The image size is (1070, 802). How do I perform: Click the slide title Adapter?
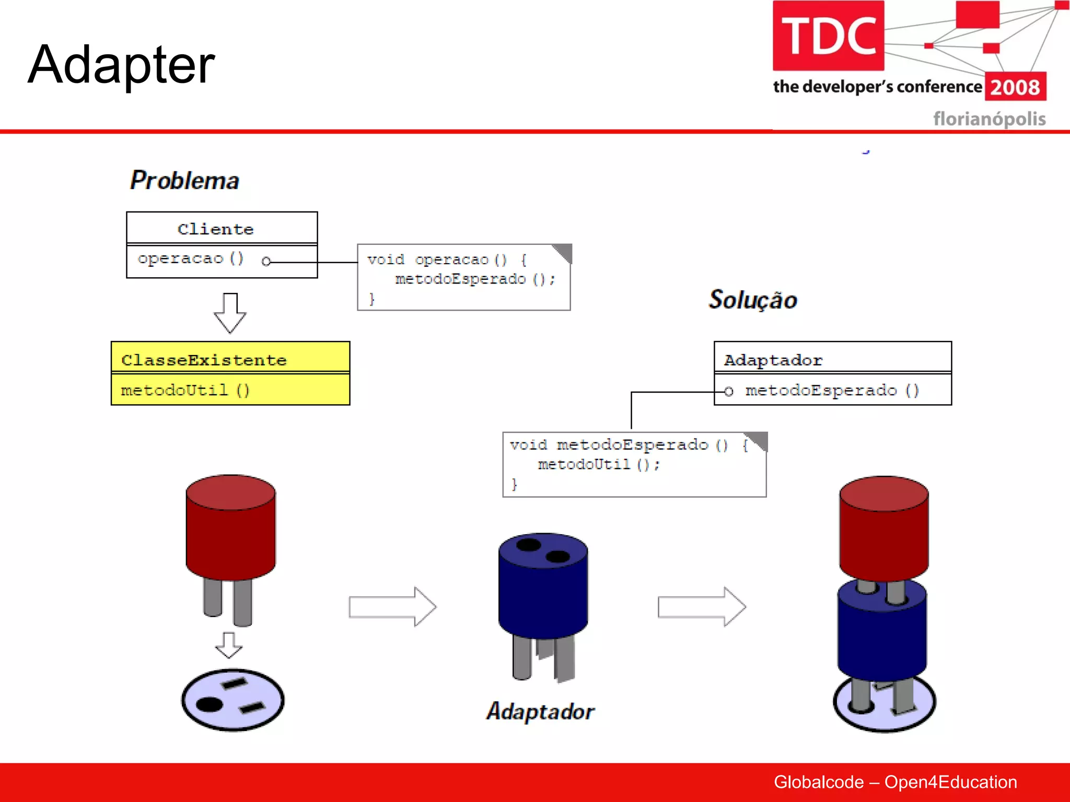pos(121,65)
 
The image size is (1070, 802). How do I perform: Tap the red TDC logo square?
pos(828,36)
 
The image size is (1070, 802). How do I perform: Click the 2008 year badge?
pos(1015,87)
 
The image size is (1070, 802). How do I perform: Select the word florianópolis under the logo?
pos(989,119)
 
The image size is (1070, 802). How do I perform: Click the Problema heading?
pos(184,181)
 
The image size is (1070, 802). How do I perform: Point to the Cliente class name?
pos(215,229)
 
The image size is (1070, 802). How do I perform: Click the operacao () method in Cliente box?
pos(191,259)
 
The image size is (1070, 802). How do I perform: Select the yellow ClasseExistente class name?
pos(204,360)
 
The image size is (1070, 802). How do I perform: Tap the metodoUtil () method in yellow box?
pos(185,391)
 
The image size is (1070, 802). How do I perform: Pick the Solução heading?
pos(752,300)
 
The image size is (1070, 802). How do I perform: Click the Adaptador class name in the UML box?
pos(773,360)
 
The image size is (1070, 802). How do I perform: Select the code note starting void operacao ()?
pos(463,278)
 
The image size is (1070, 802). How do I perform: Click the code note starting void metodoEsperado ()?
pos(634,464)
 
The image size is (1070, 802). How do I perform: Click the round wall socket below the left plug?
pos(232,700)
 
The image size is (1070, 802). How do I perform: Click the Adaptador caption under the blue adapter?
pos(540,712)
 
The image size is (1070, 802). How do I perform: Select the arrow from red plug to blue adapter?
pos(392,607)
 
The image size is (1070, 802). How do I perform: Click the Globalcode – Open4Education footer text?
pos(895,782)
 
